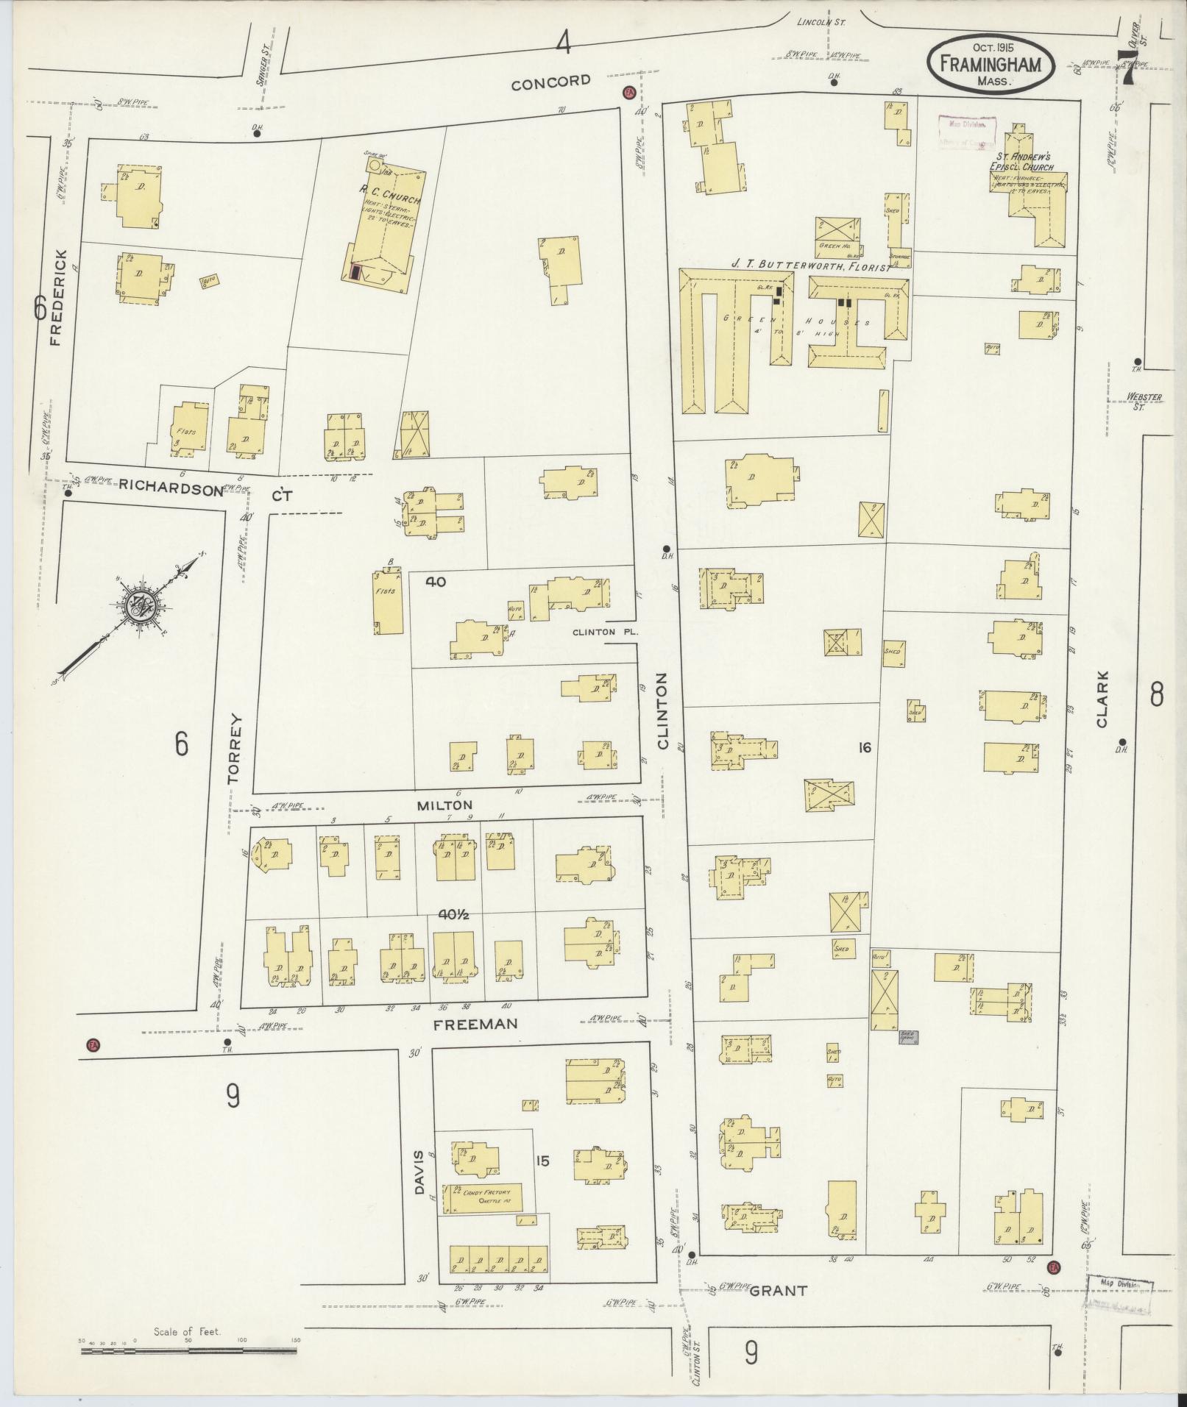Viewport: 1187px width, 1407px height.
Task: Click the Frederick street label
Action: point(60,298)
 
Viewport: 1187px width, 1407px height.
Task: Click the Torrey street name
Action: point(235,747)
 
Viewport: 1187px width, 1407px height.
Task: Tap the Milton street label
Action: point(444,805)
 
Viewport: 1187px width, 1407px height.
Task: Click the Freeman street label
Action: point(475,1024)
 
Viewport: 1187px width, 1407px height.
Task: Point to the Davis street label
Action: point(421,1172)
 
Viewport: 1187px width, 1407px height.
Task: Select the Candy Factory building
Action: point(482,1197)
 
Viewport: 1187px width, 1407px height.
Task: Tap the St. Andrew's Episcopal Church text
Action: point(1023,162)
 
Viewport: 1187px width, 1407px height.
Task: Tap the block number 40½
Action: point(454,915)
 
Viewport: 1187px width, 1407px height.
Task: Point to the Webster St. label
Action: point(1144,401)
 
